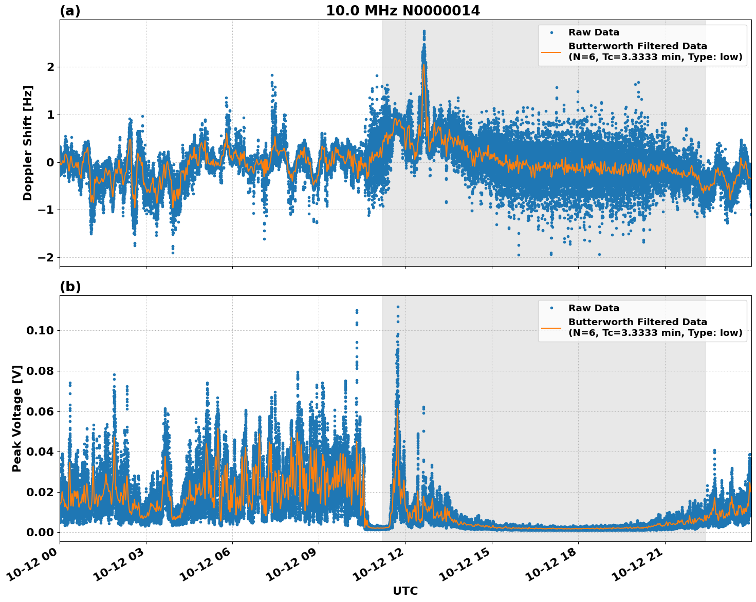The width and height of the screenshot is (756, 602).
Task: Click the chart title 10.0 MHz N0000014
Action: coord(403,11)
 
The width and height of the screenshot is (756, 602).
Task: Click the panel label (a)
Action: coord(70,11)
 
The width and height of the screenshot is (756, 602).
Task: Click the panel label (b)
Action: coord(70,287)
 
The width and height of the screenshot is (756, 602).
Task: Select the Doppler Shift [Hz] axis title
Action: coord(28,143)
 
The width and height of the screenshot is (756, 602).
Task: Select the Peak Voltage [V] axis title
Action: coord(17,418)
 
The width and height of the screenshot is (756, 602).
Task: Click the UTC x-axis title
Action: coord(405,591)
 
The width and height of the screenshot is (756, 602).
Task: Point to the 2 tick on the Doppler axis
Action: coord(50,67)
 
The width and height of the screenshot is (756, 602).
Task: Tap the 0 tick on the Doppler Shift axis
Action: coord(50,162)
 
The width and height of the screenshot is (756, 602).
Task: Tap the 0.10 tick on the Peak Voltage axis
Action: coord(40,330)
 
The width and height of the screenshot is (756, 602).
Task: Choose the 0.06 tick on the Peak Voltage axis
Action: coord(40,411)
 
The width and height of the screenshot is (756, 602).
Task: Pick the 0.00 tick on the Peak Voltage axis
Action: coord(40,532)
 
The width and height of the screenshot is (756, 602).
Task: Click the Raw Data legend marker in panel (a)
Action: coord(551,32)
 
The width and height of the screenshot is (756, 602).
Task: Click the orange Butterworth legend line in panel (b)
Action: coord(551,327)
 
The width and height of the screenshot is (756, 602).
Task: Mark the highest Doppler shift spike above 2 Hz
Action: coord(424,31)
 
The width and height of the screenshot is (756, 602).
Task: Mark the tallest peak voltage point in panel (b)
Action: coord(398,307)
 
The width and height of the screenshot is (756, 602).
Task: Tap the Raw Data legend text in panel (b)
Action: coord(594,308)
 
